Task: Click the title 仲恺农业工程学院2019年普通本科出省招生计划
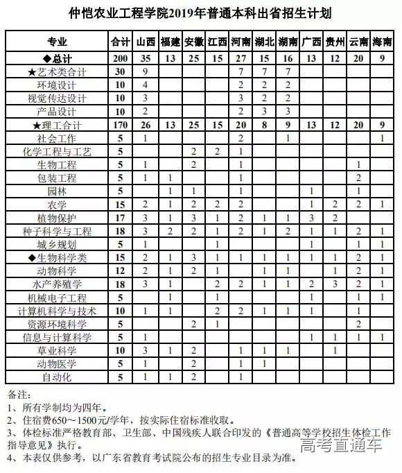click(x=200, y=13)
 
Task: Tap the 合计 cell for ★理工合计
click(x=121, y=125)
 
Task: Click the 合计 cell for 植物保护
click(x=121, y=217)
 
